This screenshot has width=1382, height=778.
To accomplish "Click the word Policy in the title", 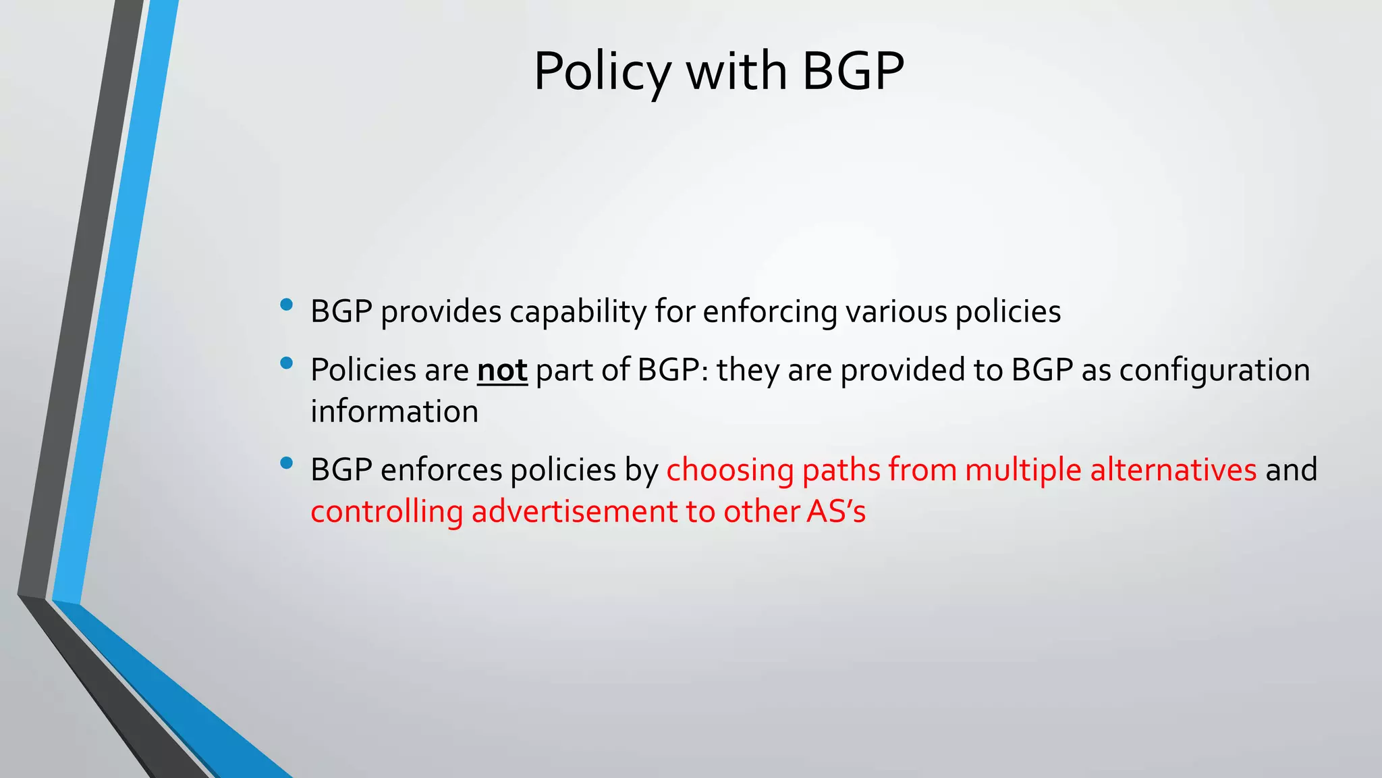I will click(x=602, y=72).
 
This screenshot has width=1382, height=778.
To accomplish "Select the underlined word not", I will click(x=502, y=370).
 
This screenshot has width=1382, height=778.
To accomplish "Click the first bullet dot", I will click(x=286, y=305).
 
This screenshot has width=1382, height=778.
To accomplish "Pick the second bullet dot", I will click(x=286, y=363).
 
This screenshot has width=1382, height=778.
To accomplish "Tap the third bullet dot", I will click(x=286, y=463).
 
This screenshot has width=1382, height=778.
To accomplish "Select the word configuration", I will click(x=1215, y=370).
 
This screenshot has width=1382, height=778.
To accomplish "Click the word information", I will click(x=394, y=411).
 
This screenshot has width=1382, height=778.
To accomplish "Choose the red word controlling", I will click(x=386, y=511).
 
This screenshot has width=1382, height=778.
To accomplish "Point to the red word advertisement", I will click(x=574, y=511).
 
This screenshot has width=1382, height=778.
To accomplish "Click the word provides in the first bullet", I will click(x=441, y=312).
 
